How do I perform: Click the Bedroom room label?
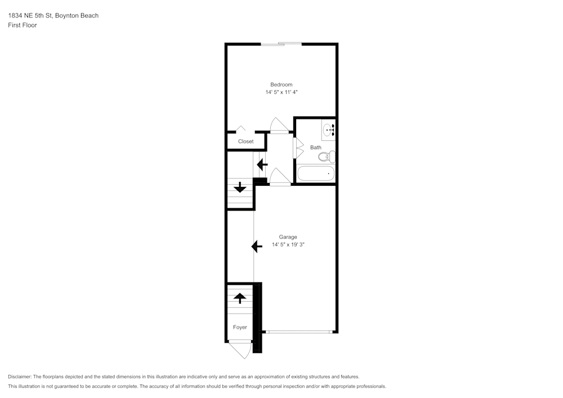tap(281, 84)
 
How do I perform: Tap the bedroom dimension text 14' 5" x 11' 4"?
tap(281, 92)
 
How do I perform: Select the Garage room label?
tap(288, 237)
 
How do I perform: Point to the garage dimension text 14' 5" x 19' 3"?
tap(288, 244)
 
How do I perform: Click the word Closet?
tap(245, 141)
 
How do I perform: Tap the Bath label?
tap(316, 147)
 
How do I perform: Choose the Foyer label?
tap(240, 327)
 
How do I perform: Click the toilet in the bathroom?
tap(327, 156)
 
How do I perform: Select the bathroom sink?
tap(329, 131)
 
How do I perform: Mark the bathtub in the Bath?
tap(316, 173)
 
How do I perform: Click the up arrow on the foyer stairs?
tap(240, 298)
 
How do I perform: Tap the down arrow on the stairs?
tap(240, 187)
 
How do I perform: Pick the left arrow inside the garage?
tap(257, 246)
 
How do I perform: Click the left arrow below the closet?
tap(262, 164)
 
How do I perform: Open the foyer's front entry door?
tap(240, 350)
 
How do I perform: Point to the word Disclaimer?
tap(20, 377)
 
